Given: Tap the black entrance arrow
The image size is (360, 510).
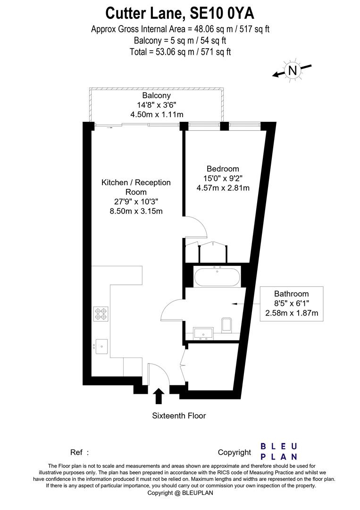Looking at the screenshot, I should coord(159,396).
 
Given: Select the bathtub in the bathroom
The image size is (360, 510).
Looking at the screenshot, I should coord(217,276).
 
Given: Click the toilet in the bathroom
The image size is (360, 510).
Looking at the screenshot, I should coord(226,324).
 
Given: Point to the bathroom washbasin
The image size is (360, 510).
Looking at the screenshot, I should coord(204,332).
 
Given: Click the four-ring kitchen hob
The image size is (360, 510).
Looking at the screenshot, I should coord(100,314).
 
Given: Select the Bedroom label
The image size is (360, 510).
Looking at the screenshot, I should coord(223,169).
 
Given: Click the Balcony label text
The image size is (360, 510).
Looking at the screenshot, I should coord(157,96).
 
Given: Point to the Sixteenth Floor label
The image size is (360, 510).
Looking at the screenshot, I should coord(179,416).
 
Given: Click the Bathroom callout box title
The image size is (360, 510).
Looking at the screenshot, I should coord(292,294).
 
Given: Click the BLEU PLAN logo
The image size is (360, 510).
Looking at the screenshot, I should coord(279,451).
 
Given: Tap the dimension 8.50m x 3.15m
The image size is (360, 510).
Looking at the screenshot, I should coord(135,211).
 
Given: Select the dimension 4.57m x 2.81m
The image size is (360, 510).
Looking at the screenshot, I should coord(223,187).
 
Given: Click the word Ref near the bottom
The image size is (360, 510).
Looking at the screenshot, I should coord(76,452).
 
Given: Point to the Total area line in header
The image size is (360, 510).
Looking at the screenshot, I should coord(180,51).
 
